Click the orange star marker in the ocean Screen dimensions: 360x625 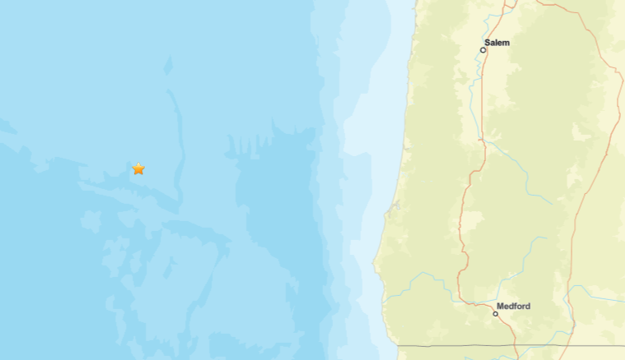[x=138, y=168]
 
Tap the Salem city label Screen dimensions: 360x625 [x=497, y=42]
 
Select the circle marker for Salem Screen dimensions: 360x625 [x=484, y=50]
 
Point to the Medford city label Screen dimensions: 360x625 [x=513, y=306]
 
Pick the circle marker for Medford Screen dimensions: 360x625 [x=496, y=314]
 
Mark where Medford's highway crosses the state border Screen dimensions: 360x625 [x=516, y=346]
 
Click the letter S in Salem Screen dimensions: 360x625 [x=488, y=42]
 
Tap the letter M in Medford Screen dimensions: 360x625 [x=501, y=306]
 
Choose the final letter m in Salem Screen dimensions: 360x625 [x=506, y=42]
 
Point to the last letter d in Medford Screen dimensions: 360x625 [x=527, y=306]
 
